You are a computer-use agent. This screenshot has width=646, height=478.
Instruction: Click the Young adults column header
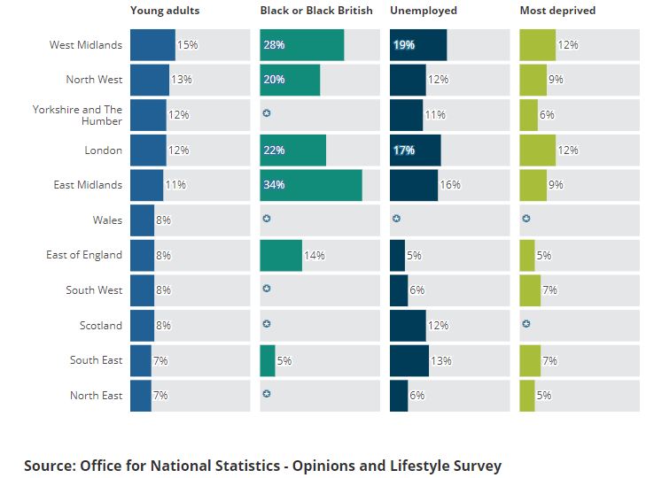click(165, 11)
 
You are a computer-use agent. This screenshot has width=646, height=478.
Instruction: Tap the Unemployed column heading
click(424, 11)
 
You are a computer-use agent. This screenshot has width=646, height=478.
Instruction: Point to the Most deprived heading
click(557, 11)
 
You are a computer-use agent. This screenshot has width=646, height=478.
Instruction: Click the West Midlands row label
click(86, 45)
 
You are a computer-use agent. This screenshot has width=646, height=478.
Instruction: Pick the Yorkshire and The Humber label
click(78, 115)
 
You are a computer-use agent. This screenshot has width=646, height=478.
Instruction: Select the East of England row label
click(84, 255)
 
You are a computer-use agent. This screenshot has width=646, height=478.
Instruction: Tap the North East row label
click(96, 396)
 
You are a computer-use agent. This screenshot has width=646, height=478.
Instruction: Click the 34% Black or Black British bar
click(311, 185)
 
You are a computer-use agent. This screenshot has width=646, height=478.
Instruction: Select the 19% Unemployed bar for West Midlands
click(418, 45)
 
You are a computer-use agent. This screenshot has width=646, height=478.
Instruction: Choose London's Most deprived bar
click(537, 150)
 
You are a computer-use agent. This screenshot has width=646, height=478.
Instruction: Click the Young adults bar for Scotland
click(142, 326)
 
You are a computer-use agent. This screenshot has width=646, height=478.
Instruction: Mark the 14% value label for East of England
click(315, 256)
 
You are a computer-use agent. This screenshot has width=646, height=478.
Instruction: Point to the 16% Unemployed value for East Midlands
click(450, 185)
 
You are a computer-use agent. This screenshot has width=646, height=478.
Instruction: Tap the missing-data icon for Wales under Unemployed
click(396, 218)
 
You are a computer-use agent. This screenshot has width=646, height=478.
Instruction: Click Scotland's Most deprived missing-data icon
click(526, 324)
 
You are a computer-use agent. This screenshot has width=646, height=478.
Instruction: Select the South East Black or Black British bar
click(268, 361)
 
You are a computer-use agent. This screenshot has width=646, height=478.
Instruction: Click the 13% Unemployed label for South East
click(441, 361)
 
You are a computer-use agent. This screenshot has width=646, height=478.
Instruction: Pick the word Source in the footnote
click(49, 466)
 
